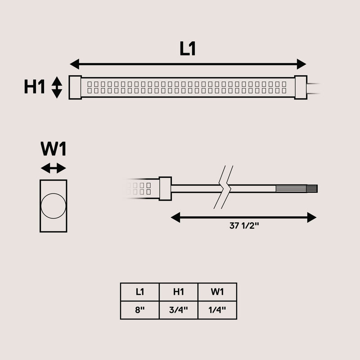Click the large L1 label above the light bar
click(x=188, y=49)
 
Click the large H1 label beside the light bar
click(x=34, y=86)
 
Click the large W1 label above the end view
click(x=54, y=149)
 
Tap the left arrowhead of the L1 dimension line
click(x=75, y=64)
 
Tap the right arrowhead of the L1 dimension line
click(x=301, y=64)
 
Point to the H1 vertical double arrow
click(x=57, y=87)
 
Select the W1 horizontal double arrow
click(x=54, y=168)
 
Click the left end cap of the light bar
click(x=75, y=87)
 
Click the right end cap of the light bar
click(x=301, y=87)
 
